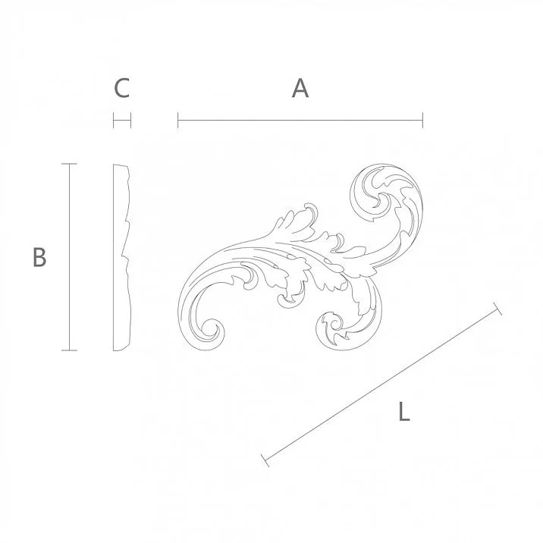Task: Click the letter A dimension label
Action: pos(300,89)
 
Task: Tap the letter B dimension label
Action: pos(39,257)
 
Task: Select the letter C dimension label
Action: pos(122,89)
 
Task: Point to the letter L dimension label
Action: pos(404,413)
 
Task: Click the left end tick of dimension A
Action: pos(178,120)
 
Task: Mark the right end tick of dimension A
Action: pos(422,120)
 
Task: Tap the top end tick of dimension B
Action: pos(69,164)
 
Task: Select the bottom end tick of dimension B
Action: pos(69,350)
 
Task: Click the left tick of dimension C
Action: pos(114,120)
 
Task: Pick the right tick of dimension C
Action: pos(131,120)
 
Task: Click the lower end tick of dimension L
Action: pos(264,459)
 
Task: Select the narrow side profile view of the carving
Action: pos(122,257)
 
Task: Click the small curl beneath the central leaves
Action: pos(287,300)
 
